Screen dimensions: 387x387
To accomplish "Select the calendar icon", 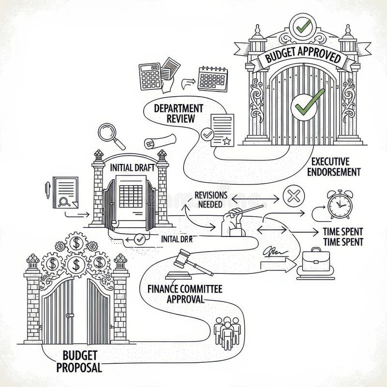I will [212, 78].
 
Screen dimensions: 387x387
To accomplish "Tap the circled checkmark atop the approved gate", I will [304, 28].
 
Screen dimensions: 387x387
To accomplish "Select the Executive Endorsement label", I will [336, 166].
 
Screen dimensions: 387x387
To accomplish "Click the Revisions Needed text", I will [210, 199].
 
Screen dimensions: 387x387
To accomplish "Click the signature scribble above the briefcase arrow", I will [274, 251].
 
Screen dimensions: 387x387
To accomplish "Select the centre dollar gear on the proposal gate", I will [75, 264].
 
